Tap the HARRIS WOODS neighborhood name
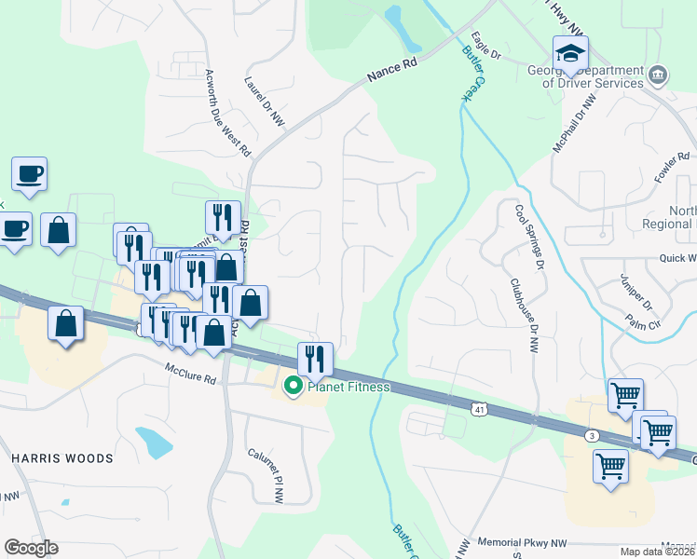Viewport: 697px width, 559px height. point(62,458)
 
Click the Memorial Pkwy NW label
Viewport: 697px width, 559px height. point(521,541)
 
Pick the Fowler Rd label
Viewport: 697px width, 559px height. point(671,168)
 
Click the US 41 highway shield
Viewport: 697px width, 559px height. point(478,408)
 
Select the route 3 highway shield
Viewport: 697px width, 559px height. point(592,435)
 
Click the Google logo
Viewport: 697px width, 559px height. point(31,548)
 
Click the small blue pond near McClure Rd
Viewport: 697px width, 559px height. point(154,442)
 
